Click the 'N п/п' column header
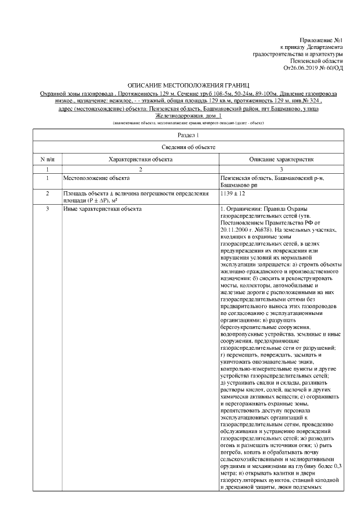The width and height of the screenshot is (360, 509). pos(47,159)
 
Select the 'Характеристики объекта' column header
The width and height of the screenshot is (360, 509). pos(140,159)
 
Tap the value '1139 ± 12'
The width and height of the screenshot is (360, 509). pos(236,193)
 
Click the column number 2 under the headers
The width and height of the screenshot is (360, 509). pos(140,169)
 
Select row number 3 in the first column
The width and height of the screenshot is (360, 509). pos(47,209)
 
